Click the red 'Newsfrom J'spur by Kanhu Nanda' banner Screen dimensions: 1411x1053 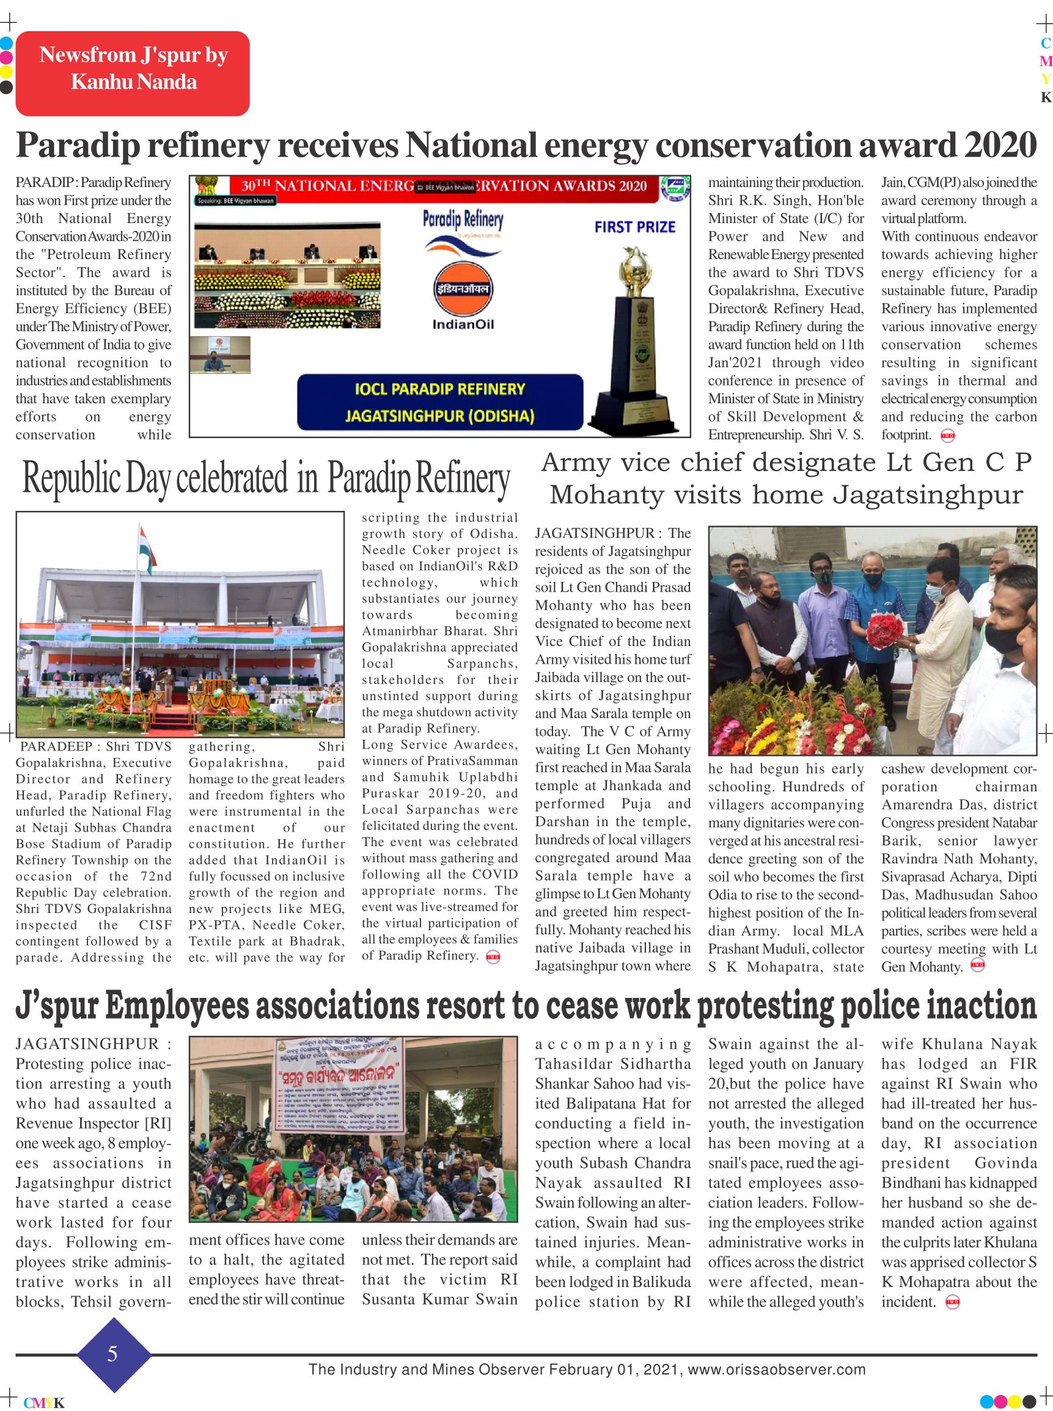[133, 73]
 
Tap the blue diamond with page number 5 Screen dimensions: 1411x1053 [114, 1354]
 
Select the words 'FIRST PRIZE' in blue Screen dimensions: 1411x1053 [634, 227]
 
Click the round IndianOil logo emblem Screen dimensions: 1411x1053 [463, 288]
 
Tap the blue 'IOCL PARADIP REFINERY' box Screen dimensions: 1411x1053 [440, 389]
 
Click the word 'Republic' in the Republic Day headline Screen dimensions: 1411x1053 [72, 478]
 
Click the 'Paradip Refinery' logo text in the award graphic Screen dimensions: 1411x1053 [463, 219]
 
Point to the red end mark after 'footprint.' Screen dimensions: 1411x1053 [948, 436]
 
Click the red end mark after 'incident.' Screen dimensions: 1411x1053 [952, 1302]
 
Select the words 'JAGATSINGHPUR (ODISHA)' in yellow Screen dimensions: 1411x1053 [440, 416]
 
